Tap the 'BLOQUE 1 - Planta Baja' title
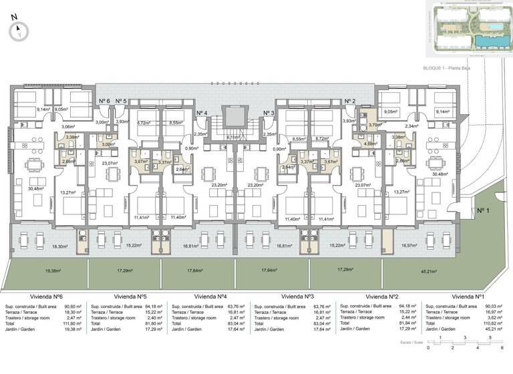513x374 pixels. (448, 69)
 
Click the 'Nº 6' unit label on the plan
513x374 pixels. (104, 101)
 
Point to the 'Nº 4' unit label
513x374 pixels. (202, 113)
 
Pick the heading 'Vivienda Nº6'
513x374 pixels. (46, 296)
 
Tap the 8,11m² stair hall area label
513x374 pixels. (233, 138)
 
